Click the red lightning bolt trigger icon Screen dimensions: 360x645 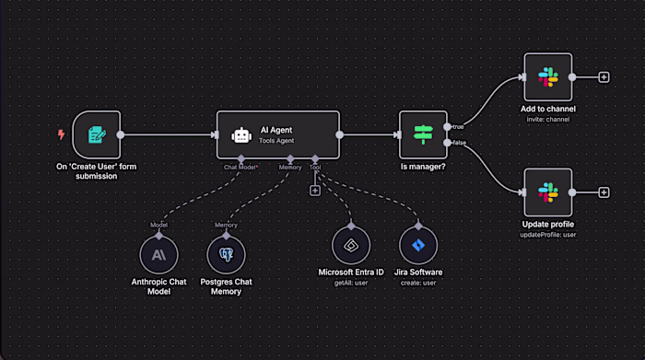[62, 134]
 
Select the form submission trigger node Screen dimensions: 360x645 [97, 135]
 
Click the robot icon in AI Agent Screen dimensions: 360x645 [241, 135]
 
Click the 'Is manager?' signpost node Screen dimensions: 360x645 [423, 135]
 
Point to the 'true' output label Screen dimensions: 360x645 [458, 126]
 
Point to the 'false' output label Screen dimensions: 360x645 [459, 144]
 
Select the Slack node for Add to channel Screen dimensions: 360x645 [548, 77]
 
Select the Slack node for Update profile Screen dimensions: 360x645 [548, 192]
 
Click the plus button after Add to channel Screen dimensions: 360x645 [604, 77]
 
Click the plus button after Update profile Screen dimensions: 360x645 [604, 192]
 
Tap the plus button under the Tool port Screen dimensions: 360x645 [315, 190]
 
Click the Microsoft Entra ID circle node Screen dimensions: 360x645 [351, 247]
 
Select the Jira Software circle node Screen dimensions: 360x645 [419, 247]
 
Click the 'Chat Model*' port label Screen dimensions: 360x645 [241, 168]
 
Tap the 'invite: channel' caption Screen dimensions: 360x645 [548, 120]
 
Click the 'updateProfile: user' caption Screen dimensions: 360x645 [548, 235]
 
